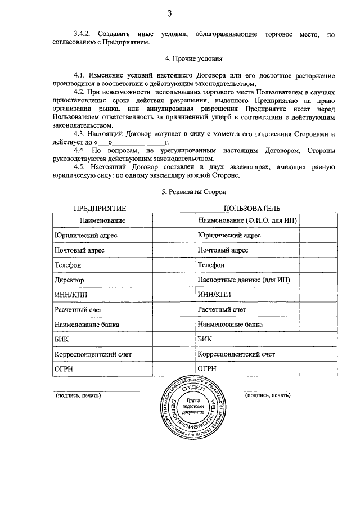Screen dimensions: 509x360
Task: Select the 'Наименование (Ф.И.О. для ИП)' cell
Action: [247, 220]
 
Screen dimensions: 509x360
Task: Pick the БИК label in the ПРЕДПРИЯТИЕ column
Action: [61, 339]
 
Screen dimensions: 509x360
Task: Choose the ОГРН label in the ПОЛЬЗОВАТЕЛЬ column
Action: [208, 369]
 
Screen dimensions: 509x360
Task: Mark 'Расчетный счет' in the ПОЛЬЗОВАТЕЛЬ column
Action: [222, 309]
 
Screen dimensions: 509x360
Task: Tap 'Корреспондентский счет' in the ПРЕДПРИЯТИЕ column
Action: [92, 354]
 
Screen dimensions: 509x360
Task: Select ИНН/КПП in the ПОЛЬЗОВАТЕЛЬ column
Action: [214, 294]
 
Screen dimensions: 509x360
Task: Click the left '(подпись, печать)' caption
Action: [78, 395]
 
